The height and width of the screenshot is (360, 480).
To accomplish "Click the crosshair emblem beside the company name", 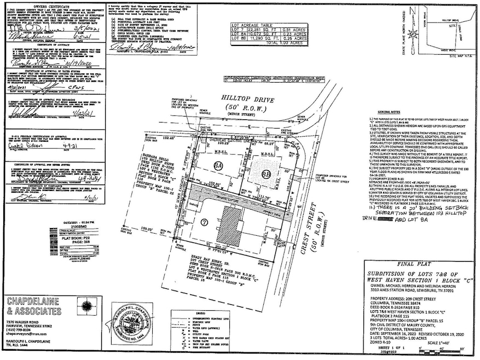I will [x=85, y=307].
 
